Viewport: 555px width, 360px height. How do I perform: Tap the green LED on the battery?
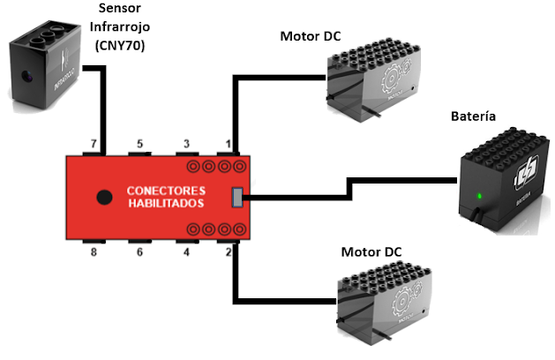tap(479, 195)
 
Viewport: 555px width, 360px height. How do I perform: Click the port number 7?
tap(93, 143)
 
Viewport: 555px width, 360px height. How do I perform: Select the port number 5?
tap(139, 143)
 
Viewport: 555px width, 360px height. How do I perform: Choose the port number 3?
tap(186, 143)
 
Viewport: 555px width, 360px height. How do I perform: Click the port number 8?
tap(93, 253)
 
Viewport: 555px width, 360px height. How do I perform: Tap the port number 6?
tap(139, 253)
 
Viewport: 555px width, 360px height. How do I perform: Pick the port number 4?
tap(186, 253)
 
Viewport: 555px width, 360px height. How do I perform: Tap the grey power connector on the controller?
tap(236, 198)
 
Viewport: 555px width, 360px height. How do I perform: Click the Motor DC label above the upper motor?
tap(311, 36)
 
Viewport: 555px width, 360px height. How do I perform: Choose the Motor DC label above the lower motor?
tap(371, 252)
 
